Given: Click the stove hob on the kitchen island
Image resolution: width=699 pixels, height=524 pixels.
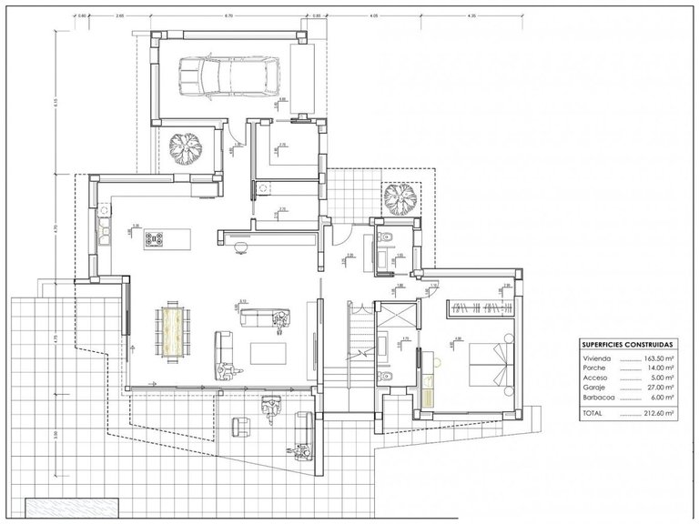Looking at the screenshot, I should pyautogui.click(x=154, y=240).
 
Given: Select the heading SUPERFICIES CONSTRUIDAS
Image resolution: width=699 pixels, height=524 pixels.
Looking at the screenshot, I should pyautogui.click(x=627, y=346).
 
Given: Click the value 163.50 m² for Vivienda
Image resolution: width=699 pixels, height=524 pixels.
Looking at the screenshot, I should pyautogui.click(x=660, y=359).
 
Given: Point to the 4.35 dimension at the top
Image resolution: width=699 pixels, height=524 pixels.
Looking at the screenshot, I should pyautogui.click(x=472, y=16).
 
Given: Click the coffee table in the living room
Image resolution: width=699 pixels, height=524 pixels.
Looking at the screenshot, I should pyautogui.click(x=267, y=350).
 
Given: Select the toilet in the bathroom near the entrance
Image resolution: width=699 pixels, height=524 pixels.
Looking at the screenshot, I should pyautogui.click(x=387, y=239).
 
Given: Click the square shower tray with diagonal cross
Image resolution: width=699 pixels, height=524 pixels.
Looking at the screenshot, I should pyautogui.click(x=396, y=315).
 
